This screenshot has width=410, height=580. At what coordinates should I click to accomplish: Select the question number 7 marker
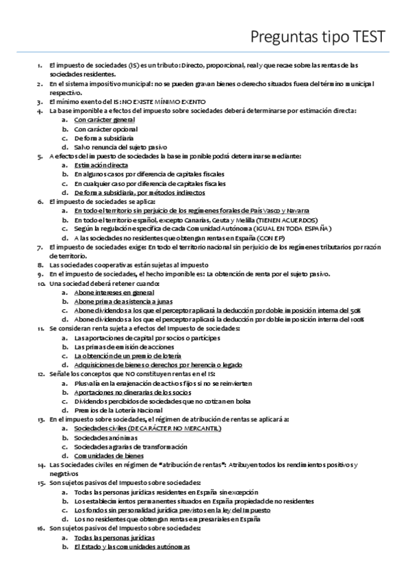pyautogui.click(x=40, y=246)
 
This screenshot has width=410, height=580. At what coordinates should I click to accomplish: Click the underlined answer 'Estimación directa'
pyautogui.click(x=101, y=165)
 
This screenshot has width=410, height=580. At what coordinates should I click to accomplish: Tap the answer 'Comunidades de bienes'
pyautogui.click(x=110, y=455)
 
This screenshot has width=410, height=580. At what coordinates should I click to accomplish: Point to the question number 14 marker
pyautogui.click(x=40, y=465)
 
